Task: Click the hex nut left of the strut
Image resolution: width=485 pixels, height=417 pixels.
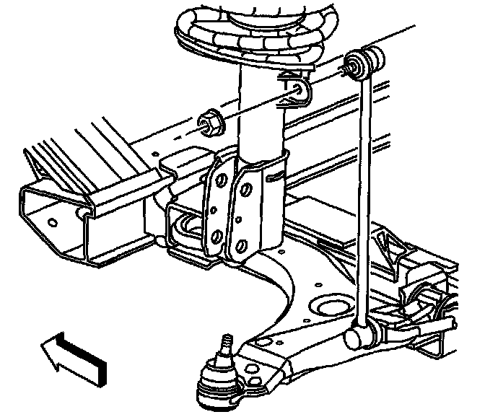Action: click(210, 123)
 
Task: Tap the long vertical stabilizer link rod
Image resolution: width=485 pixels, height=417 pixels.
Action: click(364, 195)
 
